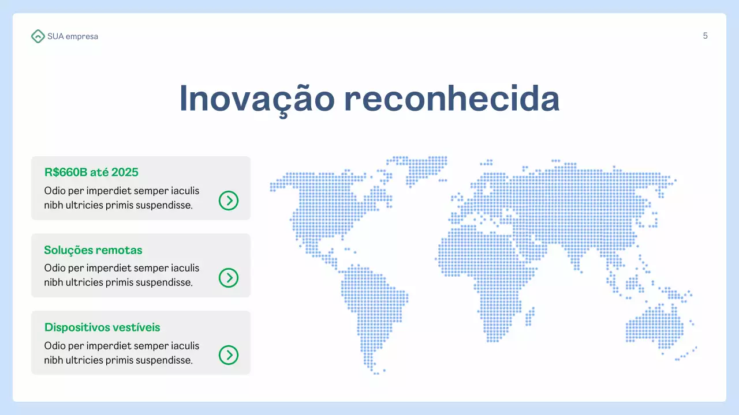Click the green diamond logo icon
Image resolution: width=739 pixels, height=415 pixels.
[x=38, y=36]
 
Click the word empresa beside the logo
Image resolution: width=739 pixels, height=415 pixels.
[x=82, y=36]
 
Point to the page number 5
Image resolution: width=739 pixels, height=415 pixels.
[x=705, y=36]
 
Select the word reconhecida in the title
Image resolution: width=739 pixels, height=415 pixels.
[x=451, y=99]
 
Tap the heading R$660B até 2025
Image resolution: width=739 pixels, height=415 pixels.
[x=91, y=172]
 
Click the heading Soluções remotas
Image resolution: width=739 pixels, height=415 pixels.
[x=93, y=250]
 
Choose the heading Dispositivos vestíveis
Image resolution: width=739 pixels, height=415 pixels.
[x=102, y=327]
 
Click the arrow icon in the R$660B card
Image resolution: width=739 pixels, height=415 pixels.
[x=229, y=201]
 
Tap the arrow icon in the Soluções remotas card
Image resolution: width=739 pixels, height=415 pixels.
[x=229, y=278]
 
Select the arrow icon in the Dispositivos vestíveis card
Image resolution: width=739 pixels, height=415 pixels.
[x=229, y=355]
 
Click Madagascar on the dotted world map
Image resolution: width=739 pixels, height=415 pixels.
[x=530, y=316]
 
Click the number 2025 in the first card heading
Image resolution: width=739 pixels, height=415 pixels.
[x=125, y=172]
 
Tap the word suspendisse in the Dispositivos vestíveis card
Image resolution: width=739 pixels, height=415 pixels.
[x=164, y=360]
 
